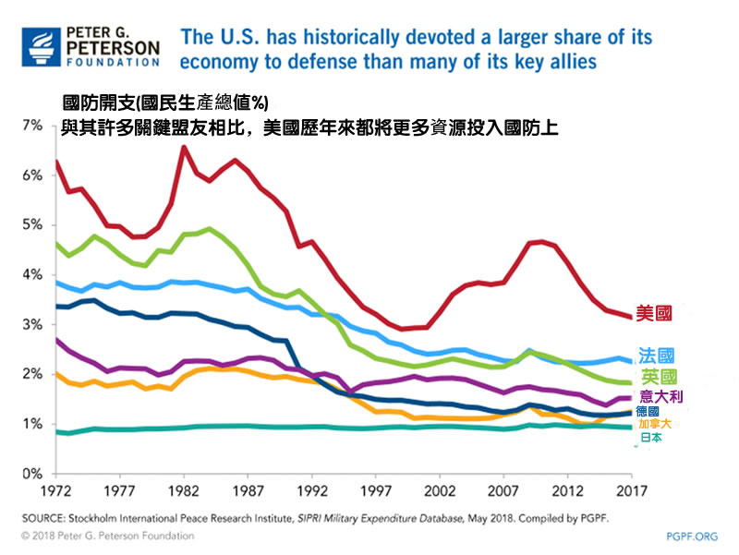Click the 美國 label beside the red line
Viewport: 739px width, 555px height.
click(654, 313)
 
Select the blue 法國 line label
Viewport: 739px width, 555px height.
click(656, 356)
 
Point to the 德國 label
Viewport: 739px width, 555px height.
click(648, 411)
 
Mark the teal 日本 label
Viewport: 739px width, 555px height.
click(650, 438)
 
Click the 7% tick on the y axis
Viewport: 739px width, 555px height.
click(30, 125)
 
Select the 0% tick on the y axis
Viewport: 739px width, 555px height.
click(30, 474)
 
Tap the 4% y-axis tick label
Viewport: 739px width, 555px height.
click(30, 274)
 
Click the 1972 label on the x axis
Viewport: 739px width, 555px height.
click(57, 489)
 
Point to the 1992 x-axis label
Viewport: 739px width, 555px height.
click(315, 489)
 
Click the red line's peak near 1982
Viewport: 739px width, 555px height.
click(184, 147)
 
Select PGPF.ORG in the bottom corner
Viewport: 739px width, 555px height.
click(691, 536)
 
